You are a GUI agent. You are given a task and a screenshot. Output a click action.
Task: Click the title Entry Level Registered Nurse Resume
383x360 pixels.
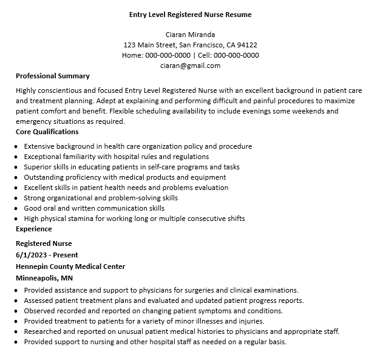tap(190, 14)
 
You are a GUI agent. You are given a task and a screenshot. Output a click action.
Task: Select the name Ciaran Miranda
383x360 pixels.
tap(190, 35)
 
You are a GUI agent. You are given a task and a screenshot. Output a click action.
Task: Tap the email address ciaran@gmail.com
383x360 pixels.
tap(190, 66)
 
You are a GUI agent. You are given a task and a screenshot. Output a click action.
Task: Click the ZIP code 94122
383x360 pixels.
tap(247, 45)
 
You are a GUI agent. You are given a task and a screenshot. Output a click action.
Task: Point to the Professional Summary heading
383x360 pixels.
tap(53, 76)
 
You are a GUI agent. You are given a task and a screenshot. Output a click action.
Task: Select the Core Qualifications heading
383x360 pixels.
tap(47, 132)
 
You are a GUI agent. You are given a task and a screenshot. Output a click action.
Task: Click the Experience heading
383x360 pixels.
tap(34, 229)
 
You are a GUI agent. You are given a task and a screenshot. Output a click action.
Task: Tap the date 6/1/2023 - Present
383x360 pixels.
tap(47, 255)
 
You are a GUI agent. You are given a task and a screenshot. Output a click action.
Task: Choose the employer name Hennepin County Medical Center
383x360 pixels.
tap(70, 266)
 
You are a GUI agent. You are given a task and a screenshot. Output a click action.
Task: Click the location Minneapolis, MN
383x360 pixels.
tap(44, 277)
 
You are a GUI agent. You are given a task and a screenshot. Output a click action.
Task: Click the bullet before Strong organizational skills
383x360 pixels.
tap(15, 199)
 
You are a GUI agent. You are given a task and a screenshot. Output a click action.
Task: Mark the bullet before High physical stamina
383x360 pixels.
tap(15, 219)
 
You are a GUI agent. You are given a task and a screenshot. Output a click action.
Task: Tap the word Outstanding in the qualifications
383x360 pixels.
tap(44, 177)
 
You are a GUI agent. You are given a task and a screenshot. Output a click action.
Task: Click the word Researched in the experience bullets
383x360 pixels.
tap(43, 331)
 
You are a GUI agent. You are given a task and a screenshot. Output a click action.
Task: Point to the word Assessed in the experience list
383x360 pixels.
tap(39, 301)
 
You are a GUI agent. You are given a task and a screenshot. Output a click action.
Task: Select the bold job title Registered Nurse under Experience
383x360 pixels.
tap(44, 243)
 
